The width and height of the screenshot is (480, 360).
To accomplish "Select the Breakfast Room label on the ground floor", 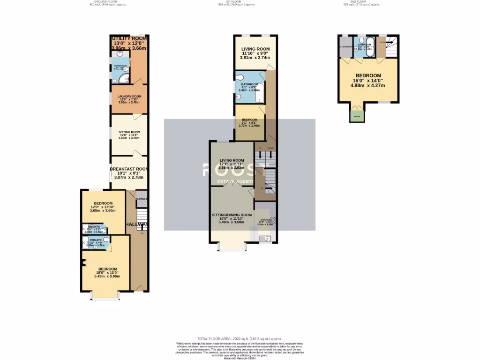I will click(x=129, y=169).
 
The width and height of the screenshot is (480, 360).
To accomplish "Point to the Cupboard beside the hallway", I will click(x=141, y=199).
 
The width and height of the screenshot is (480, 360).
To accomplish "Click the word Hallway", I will click(x=137, y=225).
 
